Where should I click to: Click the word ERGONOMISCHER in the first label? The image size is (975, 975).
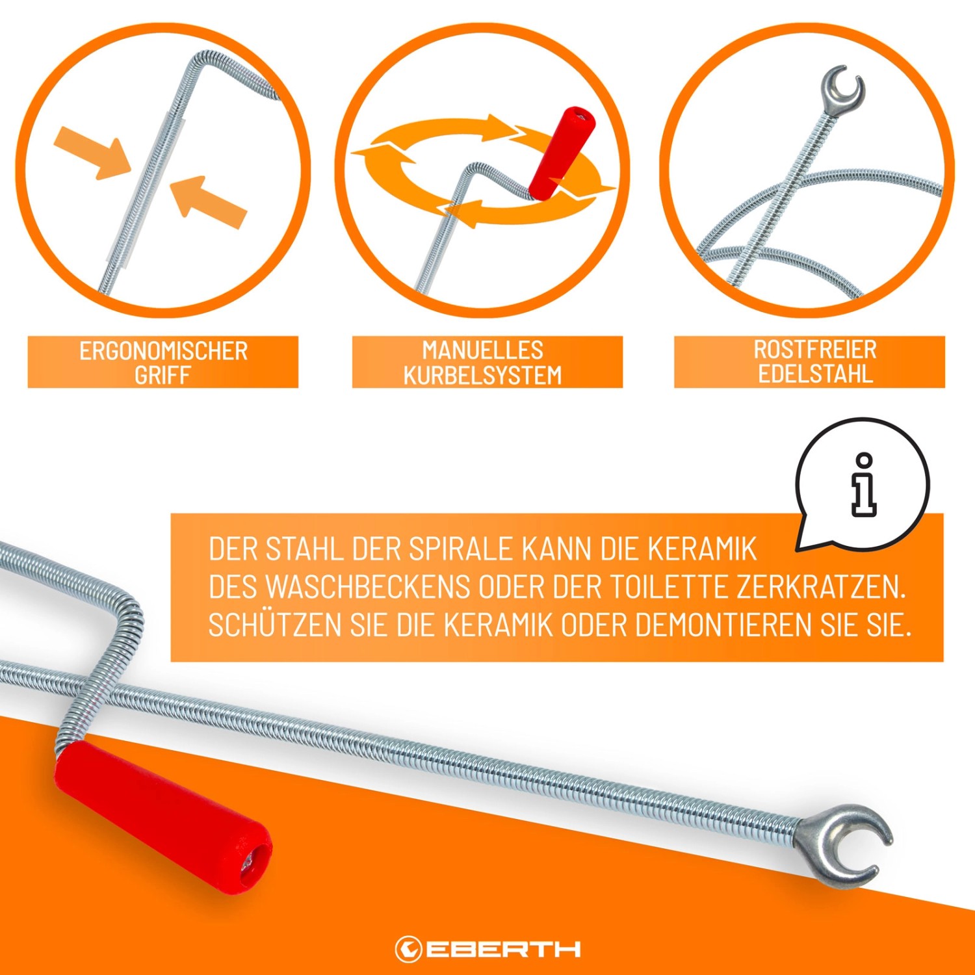tap(164, 351)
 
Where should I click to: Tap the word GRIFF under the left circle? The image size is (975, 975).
tap(162, 375)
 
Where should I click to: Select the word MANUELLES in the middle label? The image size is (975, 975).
tap(483, 350)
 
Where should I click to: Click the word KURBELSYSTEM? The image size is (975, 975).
tap(482, 375)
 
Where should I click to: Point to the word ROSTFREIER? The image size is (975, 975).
tap(815, 350)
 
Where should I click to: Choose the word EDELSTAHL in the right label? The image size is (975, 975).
tap(815, 374)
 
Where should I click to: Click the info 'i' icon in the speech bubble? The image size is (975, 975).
tap(864, 485)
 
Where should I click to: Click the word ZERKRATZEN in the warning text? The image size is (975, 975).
tap(821, 588)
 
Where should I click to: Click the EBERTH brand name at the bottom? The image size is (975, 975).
tap(504, 949)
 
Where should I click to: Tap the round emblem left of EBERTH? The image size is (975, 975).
tap(408, 949)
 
